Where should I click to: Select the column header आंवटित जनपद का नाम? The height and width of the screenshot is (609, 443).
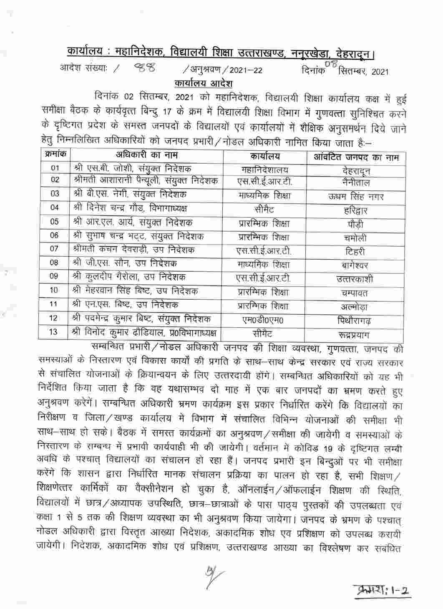pyautogui.click(x=356, y=158)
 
